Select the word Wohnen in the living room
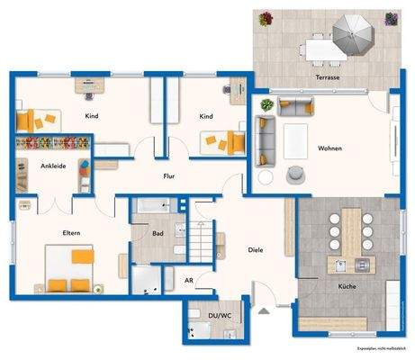(x=329, y=148)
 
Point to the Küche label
(x=346, y=285)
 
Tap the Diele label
(x=255, y=249)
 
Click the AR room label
(x=189, y=281)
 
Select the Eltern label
(x=71, y=233)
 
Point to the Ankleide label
(x=51, y=166)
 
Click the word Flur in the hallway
(x=168, y=176)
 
